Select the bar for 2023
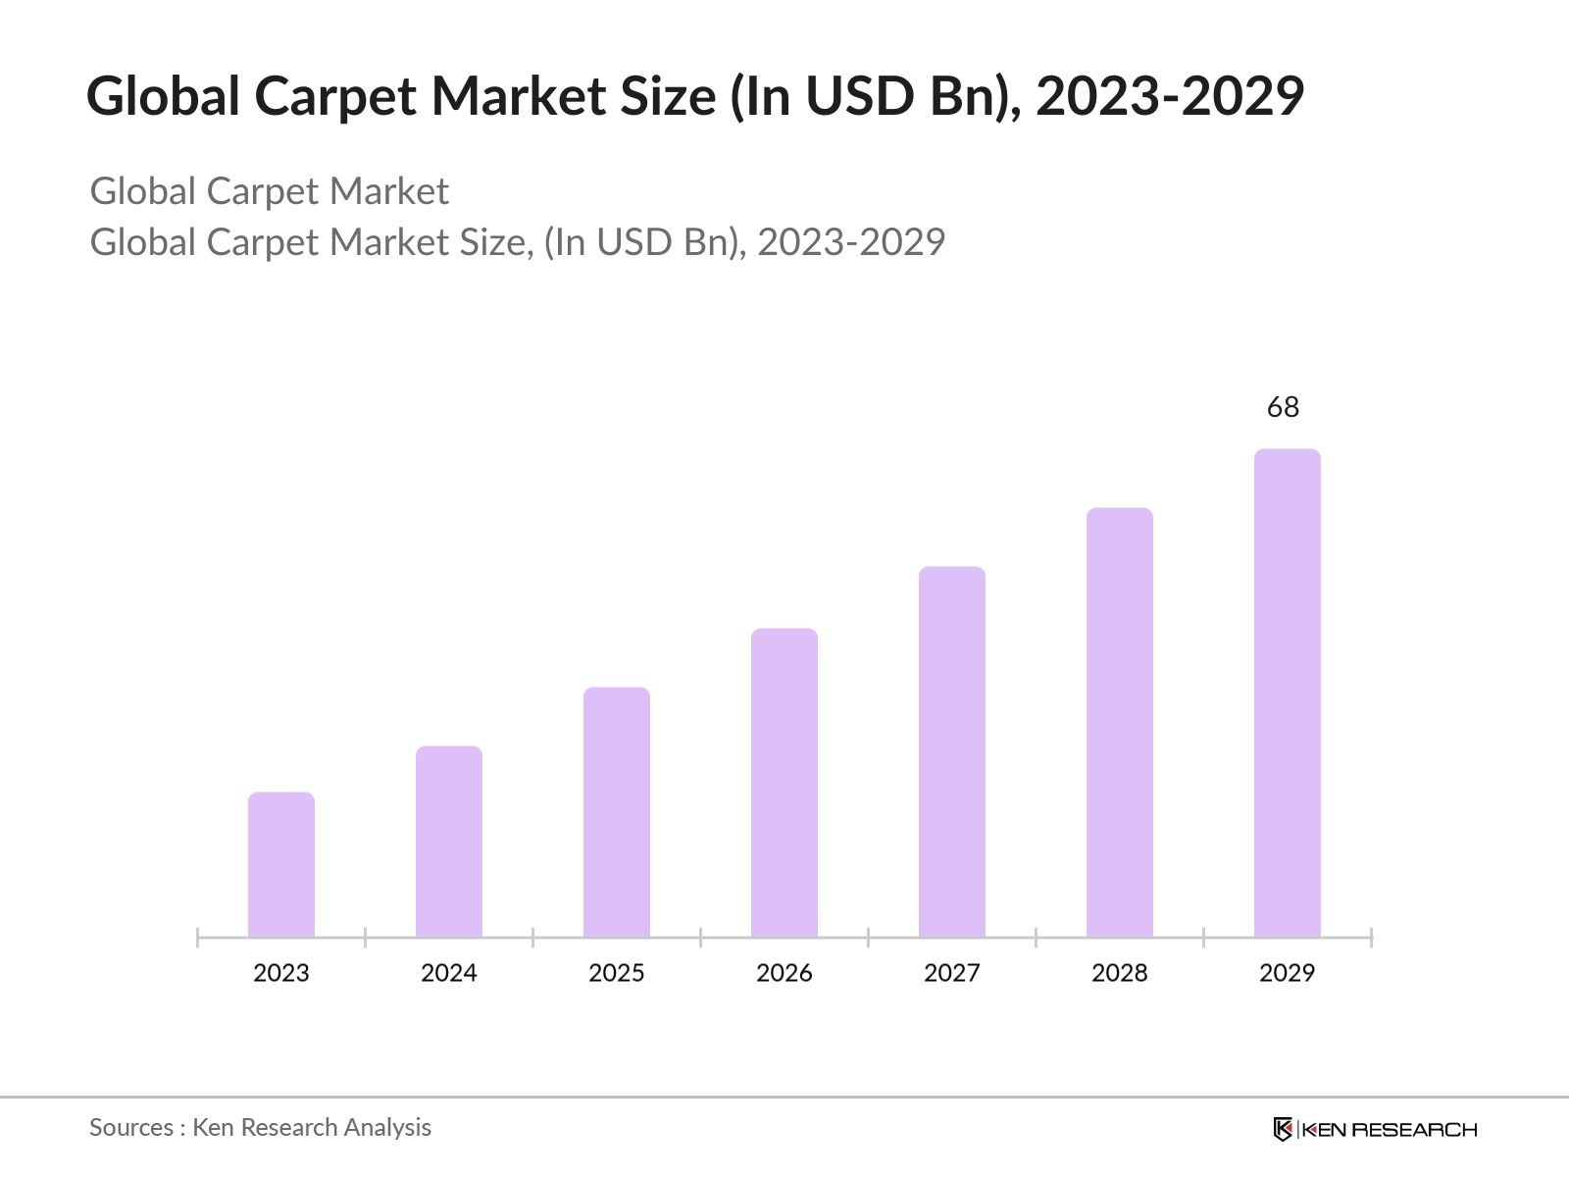[x=281, y=864]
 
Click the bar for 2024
[x=449, y=842]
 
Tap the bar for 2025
[x=617, y=812]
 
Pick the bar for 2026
[x=784, y=783]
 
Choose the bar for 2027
[x=952, y=751]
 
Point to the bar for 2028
[x=1120, y=722]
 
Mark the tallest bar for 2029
[x=1288, y=692]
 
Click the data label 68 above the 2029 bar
[x=1283, y=407]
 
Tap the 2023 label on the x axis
[x=281, y=973]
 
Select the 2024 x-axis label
[x=449, y=973]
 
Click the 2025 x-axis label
[x=617, y=973]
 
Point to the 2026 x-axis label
[x=784, y=973]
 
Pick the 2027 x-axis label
[x=952, y=973]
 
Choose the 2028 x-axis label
[x=1120, y=973]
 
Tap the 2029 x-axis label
[x=1288, y=973]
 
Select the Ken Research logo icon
[x=1283, y=1129]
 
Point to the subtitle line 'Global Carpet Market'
[x=269, y=191]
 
